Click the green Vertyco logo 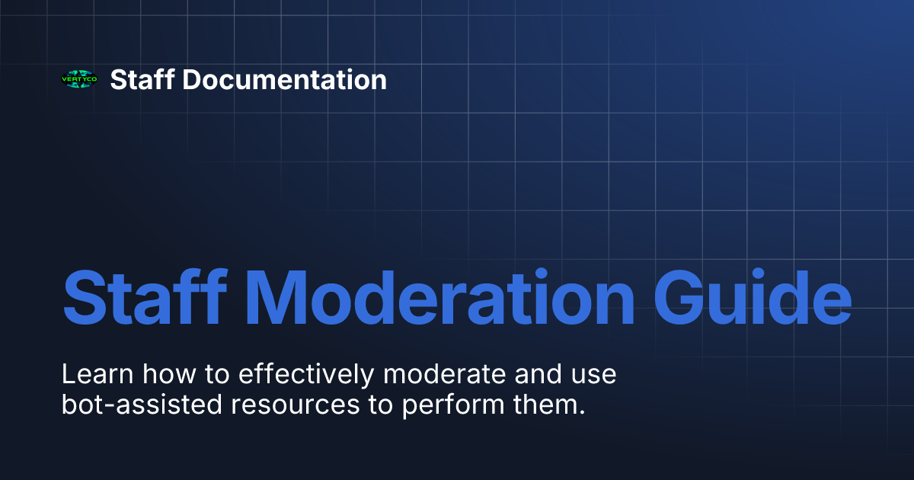point(79,79)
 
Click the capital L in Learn point(67,375)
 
